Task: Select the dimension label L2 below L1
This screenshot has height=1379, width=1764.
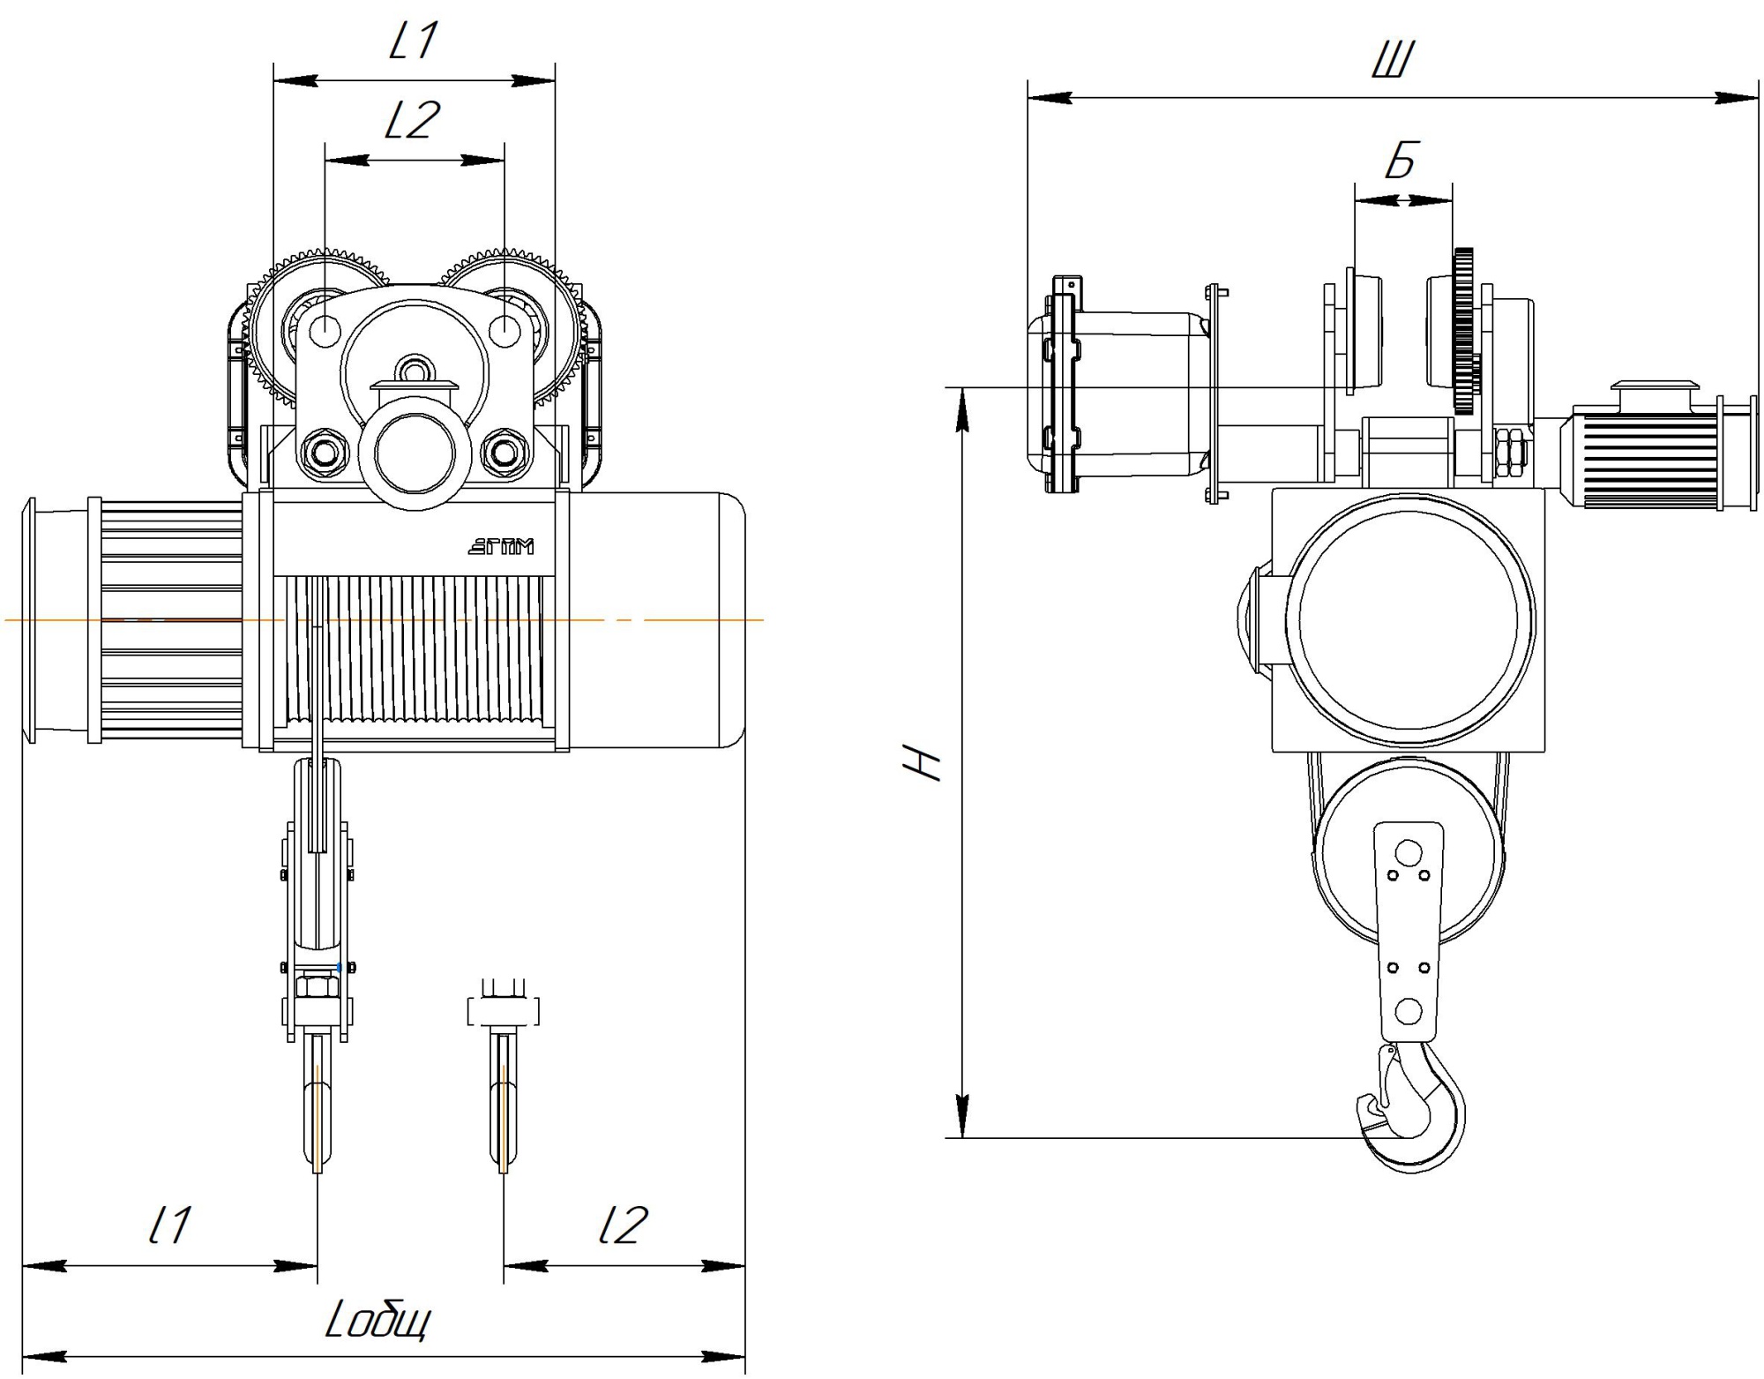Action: (412, 120)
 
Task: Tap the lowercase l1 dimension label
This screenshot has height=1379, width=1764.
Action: (169, 1225)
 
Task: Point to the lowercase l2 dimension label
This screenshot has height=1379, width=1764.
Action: (623, 1225)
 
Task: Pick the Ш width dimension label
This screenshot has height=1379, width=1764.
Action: (1394, 60)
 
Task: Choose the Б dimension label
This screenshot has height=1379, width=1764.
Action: (1401, 160)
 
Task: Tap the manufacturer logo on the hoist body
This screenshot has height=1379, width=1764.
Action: (500, 547)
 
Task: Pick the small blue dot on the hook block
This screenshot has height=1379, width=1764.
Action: (340, 968)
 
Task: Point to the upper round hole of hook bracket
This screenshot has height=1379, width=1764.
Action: (1409, 853)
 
